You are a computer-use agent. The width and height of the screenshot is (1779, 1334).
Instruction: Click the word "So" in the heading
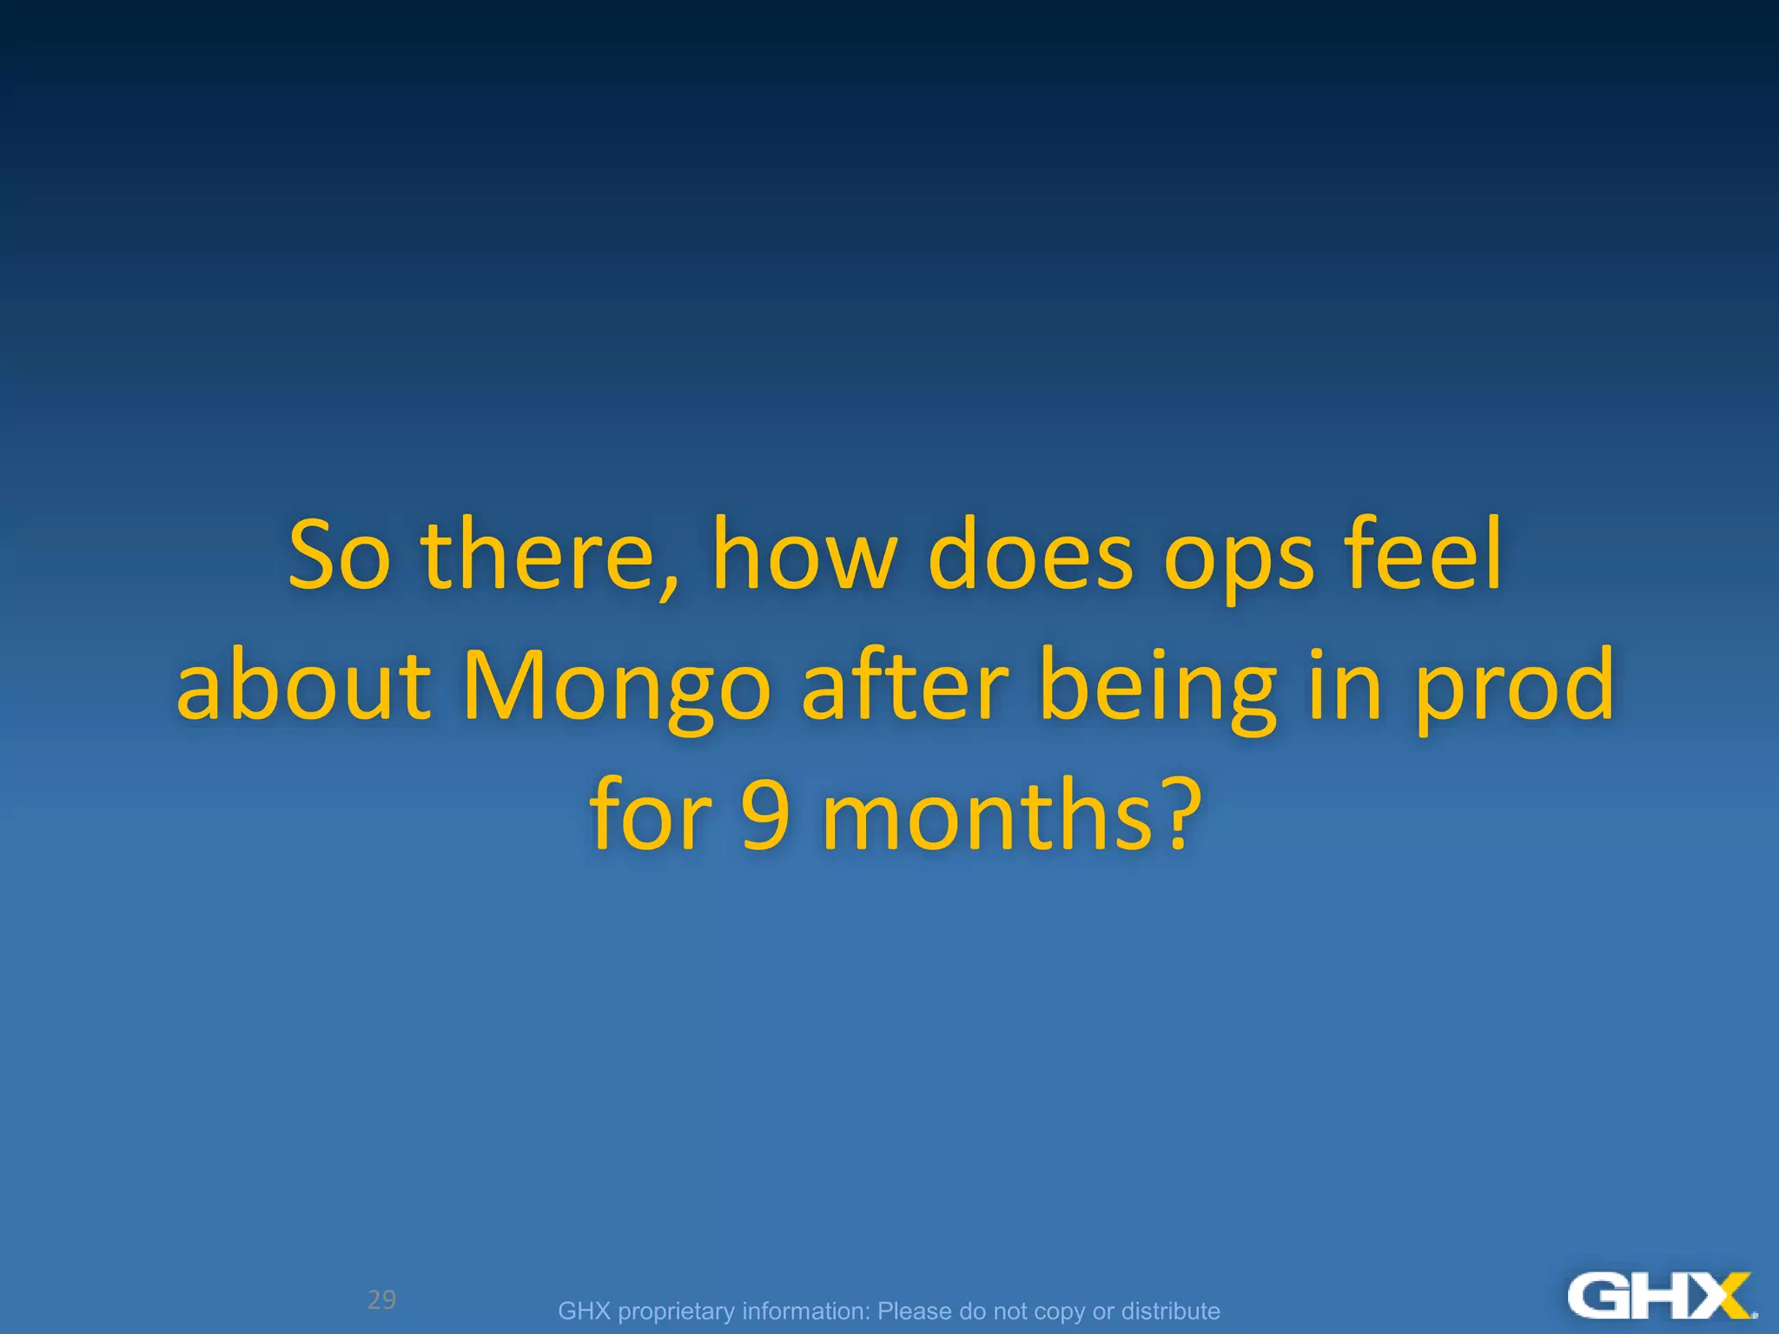[339, 556]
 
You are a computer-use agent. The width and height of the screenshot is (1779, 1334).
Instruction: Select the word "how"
[804, 556]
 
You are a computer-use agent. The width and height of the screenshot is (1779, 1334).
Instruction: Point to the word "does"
[1030, 556]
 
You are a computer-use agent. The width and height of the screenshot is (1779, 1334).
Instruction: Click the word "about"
[304, 686]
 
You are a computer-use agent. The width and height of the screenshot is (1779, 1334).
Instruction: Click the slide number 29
[381, 1299]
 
